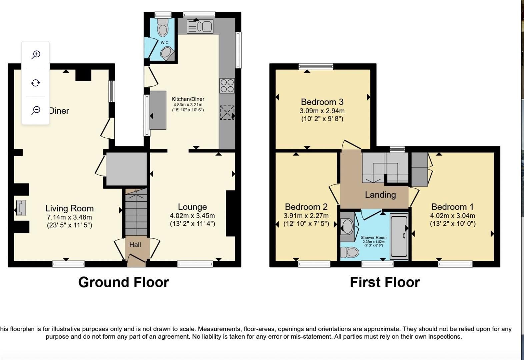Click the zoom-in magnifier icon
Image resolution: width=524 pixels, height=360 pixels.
36,55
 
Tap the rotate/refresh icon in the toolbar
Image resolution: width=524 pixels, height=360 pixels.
36,83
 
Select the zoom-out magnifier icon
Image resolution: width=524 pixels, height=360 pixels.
36,110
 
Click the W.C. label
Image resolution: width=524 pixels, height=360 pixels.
165,43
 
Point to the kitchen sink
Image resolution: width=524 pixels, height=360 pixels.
200,26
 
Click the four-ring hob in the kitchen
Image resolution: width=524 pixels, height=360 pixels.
227,85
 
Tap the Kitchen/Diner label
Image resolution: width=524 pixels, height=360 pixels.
188,99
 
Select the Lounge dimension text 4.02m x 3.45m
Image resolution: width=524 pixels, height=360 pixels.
192,216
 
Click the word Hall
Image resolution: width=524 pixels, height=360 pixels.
135,245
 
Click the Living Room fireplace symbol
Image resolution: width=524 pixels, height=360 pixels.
21,207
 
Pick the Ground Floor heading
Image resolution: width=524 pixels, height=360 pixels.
123,282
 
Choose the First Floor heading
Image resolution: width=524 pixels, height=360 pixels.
385,282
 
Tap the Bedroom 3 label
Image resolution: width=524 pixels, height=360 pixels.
322,102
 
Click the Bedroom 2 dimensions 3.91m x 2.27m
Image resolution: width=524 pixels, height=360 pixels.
306,216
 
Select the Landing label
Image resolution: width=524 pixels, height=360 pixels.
380,195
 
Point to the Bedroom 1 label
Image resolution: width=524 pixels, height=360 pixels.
452,207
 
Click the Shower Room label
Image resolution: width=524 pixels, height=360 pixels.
373,238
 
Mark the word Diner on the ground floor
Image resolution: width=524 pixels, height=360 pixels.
59,111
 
